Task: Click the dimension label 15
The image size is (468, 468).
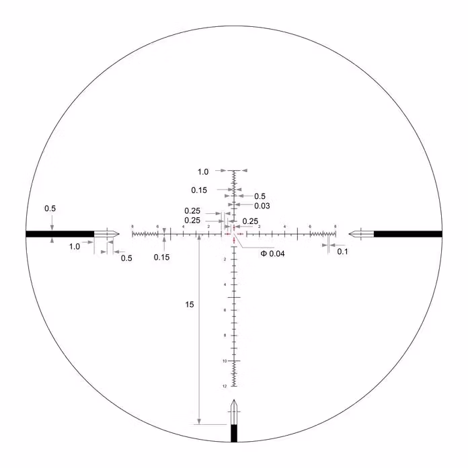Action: click(190, 305)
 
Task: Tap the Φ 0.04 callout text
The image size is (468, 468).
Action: click(273, 253)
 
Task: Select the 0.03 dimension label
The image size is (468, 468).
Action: click(262, 206)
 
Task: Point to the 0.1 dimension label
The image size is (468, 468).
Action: click(342, 251)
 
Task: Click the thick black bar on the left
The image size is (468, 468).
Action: click(59, 234)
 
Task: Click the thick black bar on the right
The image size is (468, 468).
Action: click(407, 234)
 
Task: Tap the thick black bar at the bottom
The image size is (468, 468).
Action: click(234, 434)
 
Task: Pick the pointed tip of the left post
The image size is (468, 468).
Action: click(119, 234)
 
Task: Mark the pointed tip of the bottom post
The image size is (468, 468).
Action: click(234, 401)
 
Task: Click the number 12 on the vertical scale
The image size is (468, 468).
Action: click(224, 386)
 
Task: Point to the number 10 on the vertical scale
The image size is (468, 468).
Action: click(224, 361)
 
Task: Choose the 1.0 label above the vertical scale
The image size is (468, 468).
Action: click(204, 171)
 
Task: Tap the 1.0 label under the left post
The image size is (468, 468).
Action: click(75, 247)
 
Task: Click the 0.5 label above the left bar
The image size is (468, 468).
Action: click(50, 208)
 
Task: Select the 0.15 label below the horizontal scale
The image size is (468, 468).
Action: click(161, 257)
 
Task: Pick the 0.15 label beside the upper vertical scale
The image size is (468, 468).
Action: click(198, 190)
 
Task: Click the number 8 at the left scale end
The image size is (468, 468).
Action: click(132, 226)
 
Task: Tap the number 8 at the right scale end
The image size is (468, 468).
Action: click(336, 226)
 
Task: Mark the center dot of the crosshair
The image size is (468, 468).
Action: click(234, 234)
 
